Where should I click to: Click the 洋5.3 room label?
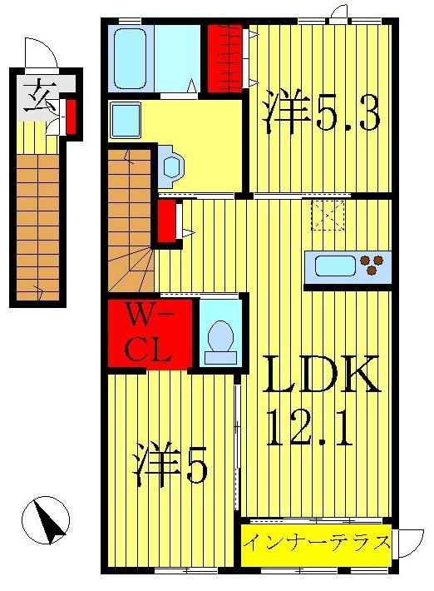(321, 114)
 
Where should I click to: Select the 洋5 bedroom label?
(170, 468)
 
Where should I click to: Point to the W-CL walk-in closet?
(150, 332)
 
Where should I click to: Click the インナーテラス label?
(317, 544)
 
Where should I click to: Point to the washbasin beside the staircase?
(171, 164)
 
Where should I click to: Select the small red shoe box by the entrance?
(71, 117)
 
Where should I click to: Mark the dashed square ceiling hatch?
(328, 215)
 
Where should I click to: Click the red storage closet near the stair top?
(167, 220)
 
